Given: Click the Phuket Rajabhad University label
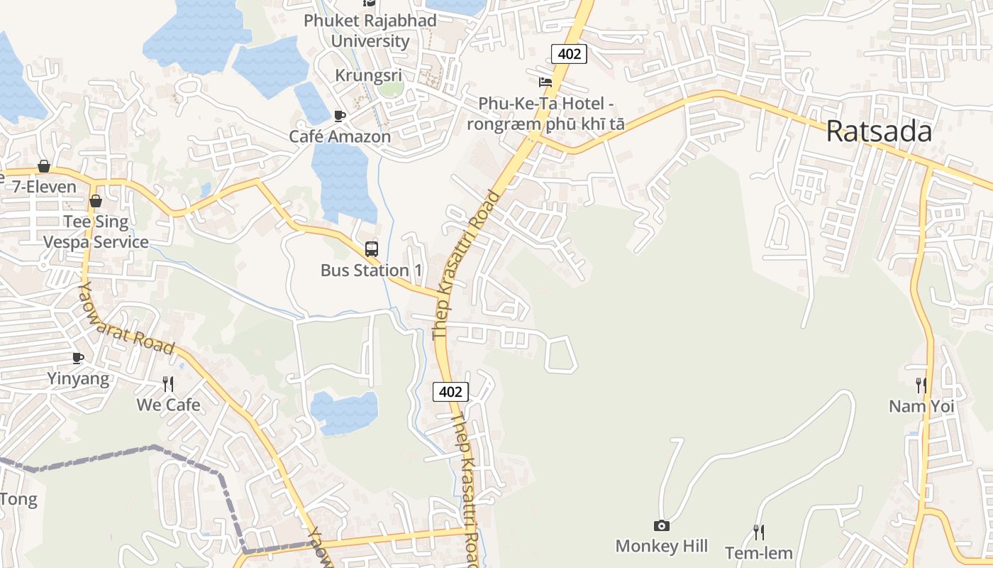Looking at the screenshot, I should (370, 31).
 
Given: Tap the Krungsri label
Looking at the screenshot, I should (368, 75).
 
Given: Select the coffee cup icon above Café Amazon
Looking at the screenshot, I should (340, 116).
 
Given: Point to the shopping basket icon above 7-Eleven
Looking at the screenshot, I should (44, 166).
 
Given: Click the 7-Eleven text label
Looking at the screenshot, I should (44, 187).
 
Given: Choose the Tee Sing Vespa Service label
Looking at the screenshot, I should (96, 231).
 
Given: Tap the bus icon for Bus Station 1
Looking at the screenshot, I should (371, 249).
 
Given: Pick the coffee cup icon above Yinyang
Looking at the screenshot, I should (78, 358).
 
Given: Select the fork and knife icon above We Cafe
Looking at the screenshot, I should (168, 384).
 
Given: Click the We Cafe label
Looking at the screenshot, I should (168, 405).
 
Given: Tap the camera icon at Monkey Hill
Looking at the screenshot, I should (661, 525).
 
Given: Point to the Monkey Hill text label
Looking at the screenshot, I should (661, 546).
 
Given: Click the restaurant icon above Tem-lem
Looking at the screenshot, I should (759, 532).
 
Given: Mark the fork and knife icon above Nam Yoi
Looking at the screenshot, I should (921, 386).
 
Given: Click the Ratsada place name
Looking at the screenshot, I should (879, 131).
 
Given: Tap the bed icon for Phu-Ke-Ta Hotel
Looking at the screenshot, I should (545, 82).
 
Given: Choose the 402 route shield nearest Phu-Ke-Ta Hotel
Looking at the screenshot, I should (569, 53).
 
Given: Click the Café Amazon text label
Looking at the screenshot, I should (340, 136).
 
